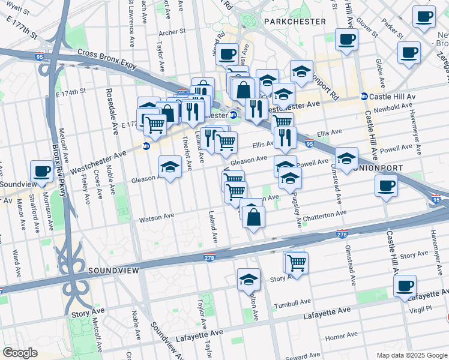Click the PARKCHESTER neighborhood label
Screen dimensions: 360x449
click(294, 21)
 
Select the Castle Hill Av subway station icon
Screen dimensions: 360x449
click(364, 97)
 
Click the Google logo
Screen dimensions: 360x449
click(20, 353)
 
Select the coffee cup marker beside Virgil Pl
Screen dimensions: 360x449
click(405, 286)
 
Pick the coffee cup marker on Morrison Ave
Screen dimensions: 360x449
click(41, 170)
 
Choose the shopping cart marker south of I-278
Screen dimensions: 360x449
click(296, 262)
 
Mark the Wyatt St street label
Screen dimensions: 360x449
click(18, 10)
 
